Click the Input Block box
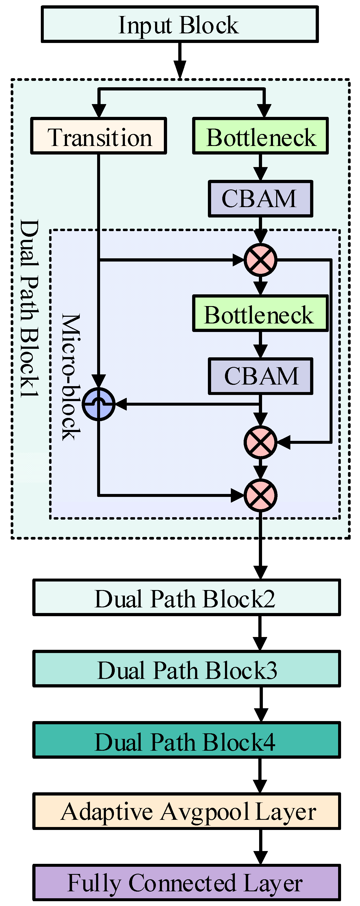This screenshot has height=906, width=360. coord(179,24)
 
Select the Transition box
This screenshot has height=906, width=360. coord(98,136)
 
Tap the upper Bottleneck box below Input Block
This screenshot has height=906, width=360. coord(260,136)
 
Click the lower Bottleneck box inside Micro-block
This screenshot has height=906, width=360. coord(260,313)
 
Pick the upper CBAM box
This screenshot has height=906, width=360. coord(260,199)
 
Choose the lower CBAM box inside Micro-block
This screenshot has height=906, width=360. coord(260,376)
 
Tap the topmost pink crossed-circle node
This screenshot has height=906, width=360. coord(260,260)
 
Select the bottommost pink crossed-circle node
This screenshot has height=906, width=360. coord(260,495)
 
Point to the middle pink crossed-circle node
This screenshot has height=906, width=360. coord(260,442)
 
